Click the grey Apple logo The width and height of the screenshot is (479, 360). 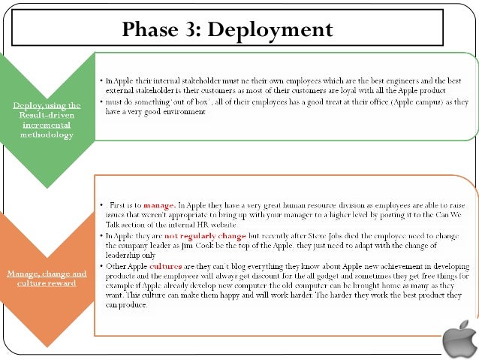(x=459, y=340)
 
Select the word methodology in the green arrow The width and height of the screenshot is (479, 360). (x=47, y=135)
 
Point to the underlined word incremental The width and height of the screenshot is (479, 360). (x=47, y=126)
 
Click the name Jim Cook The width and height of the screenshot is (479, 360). (x=212, y=246)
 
